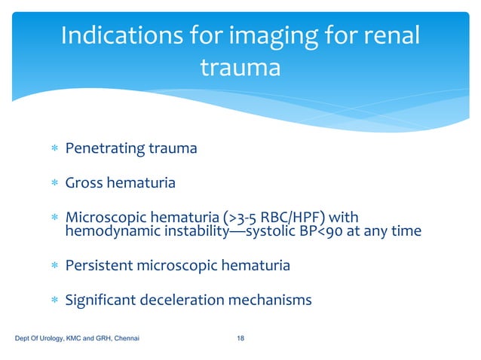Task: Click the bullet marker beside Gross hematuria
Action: tap(54, 183)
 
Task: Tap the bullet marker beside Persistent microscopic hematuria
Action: tap(54, 266)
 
